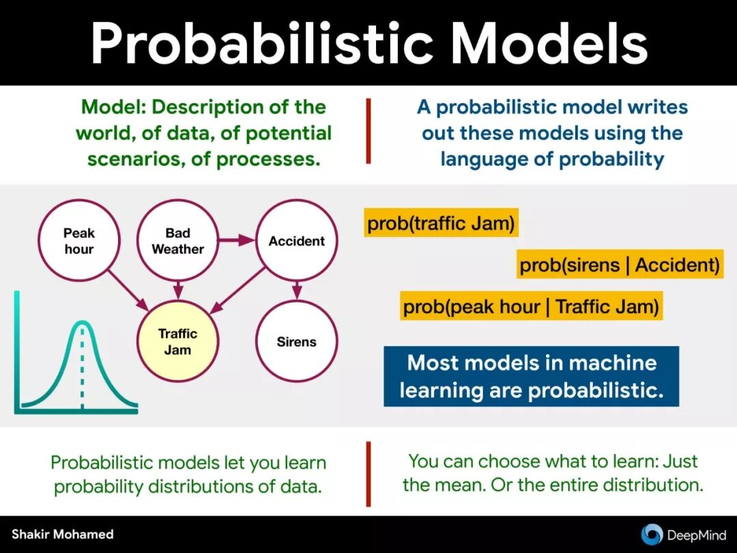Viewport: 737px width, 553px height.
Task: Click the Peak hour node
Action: (x=79, y=241)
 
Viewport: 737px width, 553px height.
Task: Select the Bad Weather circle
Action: (x=177, y=241)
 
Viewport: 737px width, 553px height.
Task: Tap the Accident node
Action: (x=297, y=241)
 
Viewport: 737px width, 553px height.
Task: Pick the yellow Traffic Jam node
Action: (x=177, y=341)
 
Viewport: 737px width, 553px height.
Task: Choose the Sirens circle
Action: (x=297, y=341)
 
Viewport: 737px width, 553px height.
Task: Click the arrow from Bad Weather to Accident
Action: (x=236, y=240)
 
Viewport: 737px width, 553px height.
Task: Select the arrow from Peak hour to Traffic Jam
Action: (x=128, y=290)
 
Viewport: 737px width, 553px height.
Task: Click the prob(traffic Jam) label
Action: (x=441, y=223)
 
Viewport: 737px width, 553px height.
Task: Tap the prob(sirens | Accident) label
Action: (x=620, y=264)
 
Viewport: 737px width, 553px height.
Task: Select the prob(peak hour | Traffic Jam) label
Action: (x=531, y=306)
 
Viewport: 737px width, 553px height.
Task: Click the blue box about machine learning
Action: (x=531, y=376)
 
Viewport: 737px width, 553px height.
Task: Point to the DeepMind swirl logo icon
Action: (x=652, y=534)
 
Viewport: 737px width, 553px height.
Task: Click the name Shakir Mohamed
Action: (x=63, y=534)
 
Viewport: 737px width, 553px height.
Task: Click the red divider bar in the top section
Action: (x=368, y=130)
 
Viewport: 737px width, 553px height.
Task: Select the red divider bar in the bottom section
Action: (x=368, y=474)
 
